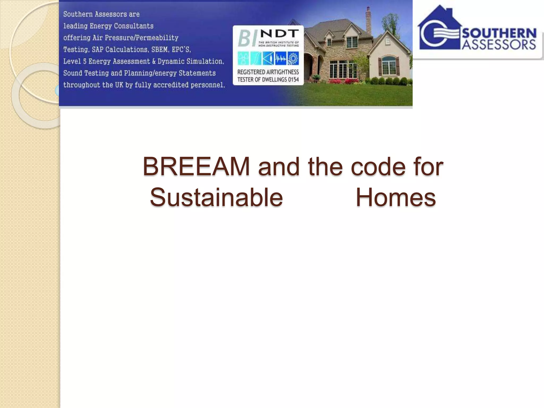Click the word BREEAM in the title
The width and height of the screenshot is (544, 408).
(x=196, y=167)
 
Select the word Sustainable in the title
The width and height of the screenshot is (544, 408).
(x=216, y=198)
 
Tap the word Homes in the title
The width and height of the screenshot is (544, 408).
(x=396, y=198)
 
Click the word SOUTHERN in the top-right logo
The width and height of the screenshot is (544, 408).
(x=499, y=33)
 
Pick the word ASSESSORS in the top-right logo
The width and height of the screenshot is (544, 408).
(x=499, y=45)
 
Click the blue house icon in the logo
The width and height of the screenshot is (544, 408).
(x=438, y=29)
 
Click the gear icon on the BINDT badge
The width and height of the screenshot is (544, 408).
(x=293, y=58)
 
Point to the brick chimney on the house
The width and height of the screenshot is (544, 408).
(x=368, y=20)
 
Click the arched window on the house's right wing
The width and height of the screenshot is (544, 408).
(x=389, y=65)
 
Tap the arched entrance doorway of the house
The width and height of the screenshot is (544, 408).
(x=309, y=66)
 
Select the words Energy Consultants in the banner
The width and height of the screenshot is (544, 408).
(x=121, y=26)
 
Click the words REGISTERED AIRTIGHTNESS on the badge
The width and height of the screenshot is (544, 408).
(x=268, y=72)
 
